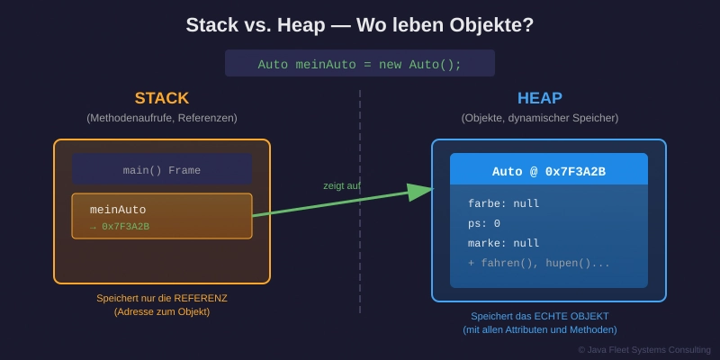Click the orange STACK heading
[162, 98]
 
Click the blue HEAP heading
[539, 98]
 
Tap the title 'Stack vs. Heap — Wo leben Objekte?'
[360, 25]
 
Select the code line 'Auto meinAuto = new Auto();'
[360, 65]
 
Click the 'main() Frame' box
[162, 170]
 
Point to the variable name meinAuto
[118, 210]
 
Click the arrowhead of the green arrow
[420, 192]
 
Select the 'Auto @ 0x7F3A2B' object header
[548, 171]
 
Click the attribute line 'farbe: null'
[503, 203]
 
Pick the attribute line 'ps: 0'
[484, 223]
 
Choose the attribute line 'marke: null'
[503, 243]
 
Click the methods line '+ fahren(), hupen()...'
[539, 263]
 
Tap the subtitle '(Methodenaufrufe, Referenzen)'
[162, 118]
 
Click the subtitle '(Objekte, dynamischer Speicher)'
[540, 118]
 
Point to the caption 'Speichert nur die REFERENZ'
[162, 298]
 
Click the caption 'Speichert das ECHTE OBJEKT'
[540, 316]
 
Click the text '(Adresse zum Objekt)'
[162, 312]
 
